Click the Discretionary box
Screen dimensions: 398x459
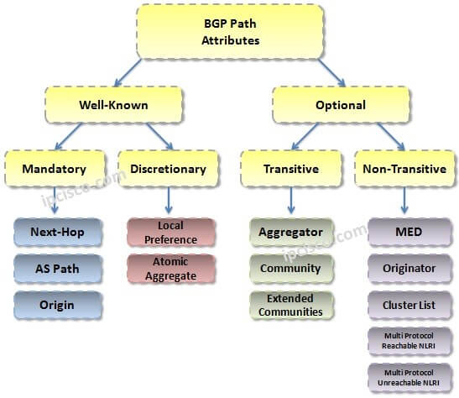168,169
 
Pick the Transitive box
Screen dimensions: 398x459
290,169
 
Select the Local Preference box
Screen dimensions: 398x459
170,233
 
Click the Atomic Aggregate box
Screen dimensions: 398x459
170,269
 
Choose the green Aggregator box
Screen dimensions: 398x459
291,232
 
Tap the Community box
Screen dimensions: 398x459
291,269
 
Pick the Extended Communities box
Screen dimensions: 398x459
291,305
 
